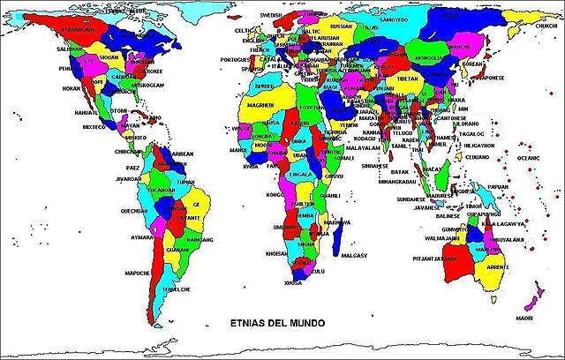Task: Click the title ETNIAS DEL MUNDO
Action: pyautogui.click(x=275, y=323)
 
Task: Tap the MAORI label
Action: pyautogui.click(x=525, y=318)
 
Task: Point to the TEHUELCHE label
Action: pyautogui.click(x=175, y=289)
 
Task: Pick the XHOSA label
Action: pyautogui.click(x=293, y=283)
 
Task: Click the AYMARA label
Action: pyautogui.click(x=144, y=237)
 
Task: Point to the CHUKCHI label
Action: pyautogui.click(x=546, y=26)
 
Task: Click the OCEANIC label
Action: pyautogui.click(x=527, y=158)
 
